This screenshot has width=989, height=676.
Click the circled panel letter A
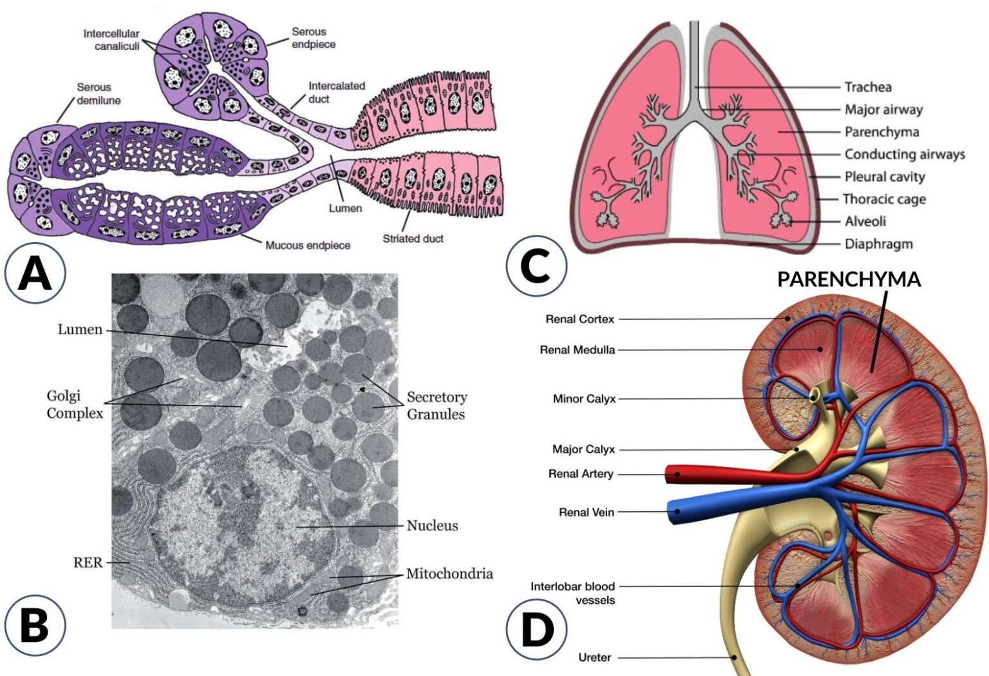[35, 273]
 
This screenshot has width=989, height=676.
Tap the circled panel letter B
[35, 625]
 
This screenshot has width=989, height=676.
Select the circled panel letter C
[536, 265]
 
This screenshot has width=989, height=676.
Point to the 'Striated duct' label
[413, 238]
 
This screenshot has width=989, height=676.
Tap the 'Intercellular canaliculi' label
[112, 39]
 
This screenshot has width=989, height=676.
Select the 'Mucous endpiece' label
[308, 245]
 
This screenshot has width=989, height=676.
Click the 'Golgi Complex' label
[74, 404]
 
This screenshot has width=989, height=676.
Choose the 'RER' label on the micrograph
[88, 562]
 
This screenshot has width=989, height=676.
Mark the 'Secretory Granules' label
[437, 405]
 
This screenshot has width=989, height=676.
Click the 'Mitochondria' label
[449, 573]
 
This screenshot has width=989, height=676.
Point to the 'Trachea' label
[868, 87]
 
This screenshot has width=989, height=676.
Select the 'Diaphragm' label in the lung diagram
[878, 243]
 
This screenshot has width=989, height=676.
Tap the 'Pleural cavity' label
[885, 176]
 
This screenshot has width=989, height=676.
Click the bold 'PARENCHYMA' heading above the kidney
[849, 279]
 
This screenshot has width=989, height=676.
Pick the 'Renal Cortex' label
[579, 319]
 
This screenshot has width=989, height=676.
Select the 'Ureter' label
[594, 657]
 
